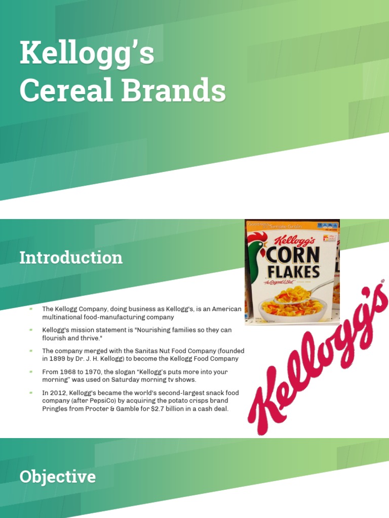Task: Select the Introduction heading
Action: [x=71, y=257]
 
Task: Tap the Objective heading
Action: [x=57, y=477]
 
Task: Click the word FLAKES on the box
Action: [x=293, y=272]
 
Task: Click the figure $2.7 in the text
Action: [x=159, y=408]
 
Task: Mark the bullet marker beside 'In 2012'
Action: [x=31, y=392]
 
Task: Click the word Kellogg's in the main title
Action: [x=87, y=54]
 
